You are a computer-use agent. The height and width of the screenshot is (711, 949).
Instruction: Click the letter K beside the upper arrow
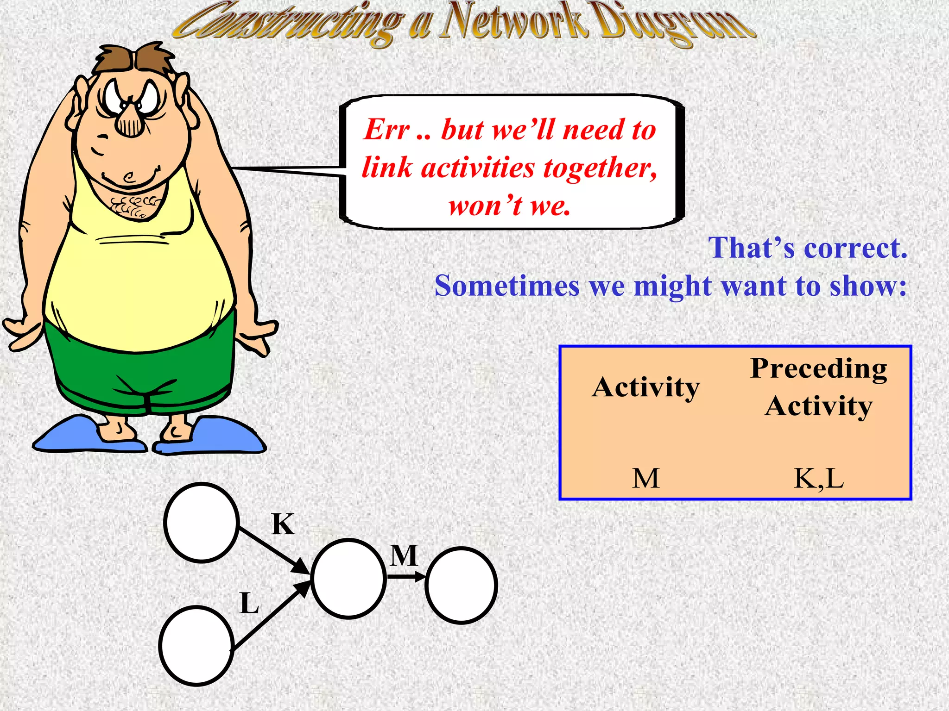(x=283, y=524)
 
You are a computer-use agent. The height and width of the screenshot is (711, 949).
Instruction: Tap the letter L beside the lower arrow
(x=249, y=604)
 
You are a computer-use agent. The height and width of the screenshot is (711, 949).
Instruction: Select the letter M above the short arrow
(x=404, y=555)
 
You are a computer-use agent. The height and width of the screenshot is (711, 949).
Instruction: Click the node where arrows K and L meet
(x=348, y=579)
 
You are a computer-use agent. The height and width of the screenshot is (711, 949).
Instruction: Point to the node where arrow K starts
(x=202, y=523)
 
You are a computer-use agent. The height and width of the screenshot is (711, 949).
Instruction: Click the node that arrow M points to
(x=461, y=586)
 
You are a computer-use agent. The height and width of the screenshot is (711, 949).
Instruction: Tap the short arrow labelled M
(x=406, y=577)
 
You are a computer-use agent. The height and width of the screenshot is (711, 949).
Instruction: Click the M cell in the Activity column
(x=645, y=479)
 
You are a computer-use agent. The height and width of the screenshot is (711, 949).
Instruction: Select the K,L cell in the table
(x=819, y=479)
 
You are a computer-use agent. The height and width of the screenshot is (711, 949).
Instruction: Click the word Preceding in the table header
(x=819, y=369)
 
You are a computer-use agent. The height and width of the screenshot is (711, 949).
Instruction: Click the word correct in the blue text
(x=855, y=248)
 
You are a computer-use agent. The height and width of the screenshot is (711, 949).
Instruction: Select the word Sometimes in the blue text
(x=506, y=286)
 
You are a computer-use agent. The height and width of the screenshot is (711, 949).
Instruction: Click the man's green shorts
(x=139, y=370)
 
